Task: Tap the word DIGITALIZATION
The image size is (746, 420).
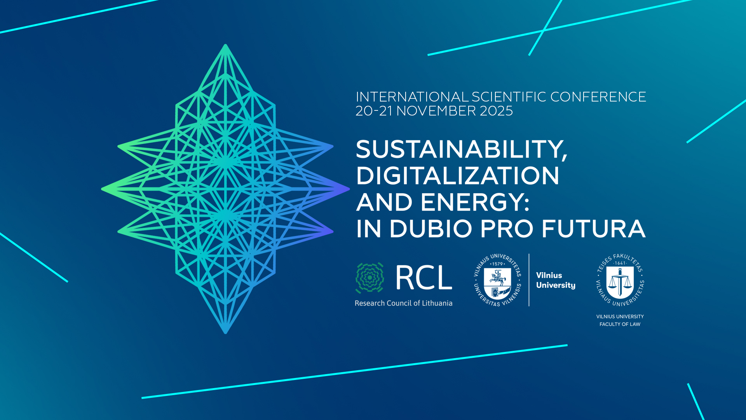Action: point(458,175)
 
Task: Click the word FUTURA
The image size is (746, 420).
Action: point(594,228)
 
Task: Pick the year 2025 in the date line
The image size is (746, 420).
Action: point(496,111)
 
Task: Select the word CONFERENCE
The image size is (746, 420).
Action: point(598,97)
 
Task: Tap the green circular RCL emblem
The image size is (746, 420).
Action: point(370,278)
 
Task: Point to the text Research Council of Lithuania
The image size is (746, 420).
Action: point(403,303)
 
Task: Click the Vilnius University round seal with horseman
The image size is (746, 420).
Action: point(497,280)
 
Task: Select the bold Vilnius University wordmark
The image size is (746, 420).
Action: point(556,280)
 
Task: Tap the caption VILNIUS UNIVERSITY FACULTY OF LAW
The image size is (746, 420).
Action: point(620,320)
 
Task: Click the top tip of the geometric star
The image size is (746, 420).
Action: point(225,45)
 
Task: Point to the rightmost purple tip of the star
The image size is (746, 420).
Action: point(349,189)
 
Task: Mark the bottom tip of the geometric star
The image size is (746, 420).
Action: point(225,333)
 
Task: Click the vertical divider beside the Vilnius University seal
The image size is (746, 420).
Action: point(529,280)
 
